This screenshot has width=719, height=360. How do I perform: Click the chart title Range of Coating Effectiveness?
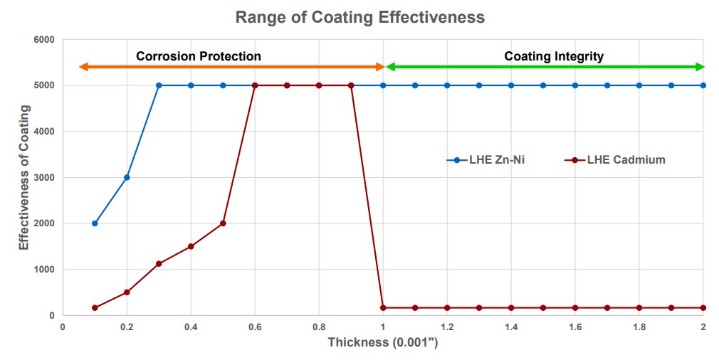coord(359,17)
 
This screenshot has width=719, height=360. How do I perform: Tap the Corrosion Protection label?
coord(199,56)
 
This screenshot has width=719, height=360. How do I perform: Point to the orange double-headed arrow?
coord(231,67)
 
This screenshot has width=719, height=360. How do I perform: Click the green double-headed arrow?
coord(545,67)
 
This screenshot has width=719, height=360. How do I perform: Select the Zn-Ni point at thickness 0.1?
coord(95,223)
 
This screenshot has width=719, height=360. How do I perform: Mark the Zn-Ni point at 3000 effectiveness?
coord(127,177)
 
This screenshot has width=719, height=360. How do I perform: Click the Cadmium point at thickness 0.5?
coord(223,223)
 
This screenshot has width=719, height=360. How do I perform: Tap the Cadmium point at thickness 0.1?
coord(95,308)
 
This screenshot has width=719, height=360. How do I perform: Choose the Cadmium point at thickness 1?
coord(383,308)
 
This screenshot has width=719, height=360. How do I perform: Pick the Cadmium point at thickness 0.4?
coord(191,246)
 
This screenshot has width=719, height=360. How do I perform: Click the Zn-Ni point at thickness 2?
coord(703,85)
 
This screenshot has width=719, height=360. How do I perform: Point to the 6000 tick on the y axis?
coord(44,40)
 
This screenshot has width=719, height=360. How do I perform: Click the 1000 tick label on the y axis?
coord(44,270)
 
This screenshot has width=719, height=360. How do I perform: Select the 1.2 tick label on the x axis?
coord(447,327)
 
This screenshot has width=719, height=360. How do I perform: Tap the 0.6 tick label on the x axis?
coord(255,327)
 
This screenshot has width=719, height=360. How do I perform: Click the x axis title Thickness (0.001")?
coord(383,342)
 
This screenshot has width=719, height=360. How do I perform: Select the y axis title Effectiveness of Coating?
coord(23,177)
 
